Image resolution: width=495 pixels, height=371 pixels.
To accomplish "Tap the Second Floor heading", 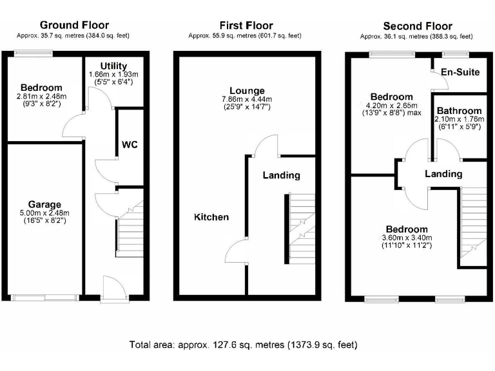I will [417, 26].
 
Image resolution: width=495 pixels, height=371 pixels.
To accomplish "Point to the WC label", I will [130, 145].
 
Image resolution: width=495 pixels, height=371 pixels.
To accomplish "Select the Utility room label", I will [113, 66].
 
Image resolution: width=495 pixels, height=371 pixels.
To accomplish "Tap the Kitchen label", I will [211, 217].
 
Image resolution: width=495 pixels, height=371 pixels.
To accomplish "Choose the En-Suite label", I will [460, 71].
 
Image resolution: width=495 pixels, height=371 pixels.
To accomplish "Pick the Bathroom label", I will [458, 110].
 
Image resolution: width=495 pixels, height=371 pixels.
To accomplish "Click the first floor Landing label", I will [281, 175].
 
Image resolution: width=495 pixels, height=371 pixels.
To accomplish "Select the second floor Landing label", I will [443, 174].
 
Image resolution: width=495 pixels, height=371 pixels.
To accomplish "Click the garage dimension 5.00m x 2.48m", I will [44, 213].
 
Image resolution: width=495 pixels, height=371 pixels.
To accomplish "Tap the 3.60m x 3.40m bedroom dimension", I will [407, 238].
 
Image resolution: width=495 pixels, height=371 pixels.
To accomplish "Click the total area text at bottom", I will [243, 345].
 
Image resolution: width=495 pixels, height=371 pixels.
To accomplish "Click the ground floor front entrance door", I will [111, 288].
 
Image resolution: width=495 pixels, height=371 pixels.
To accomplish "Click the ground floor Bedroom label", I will [41, 88].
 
